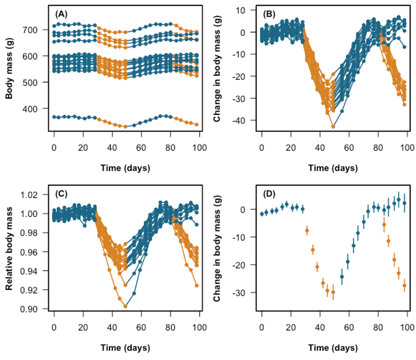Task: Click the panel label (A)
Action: tap(61, 14)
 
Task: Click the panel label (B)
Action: tap(269, 14)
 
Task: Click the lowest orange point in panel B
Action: tap(333, 126)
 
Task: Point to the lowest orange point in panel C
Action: tap(126, 306)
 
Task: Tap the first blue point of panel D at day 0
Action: tap(262, 214)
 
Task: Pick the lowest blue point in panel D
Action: tap(342, 277)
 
